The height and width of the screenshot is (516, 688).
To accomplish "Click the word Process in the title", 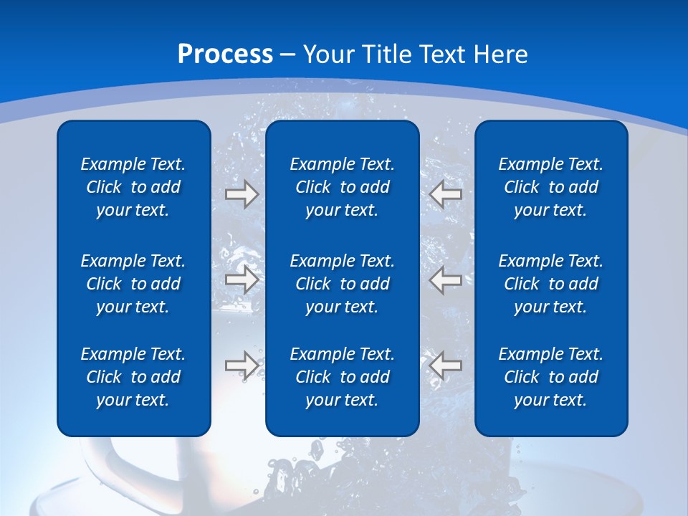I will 225,54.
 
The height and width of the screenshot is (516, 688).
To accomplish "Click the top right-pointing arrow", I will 242,194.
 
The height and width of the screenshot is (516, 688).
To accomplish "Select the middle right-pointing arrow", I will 242,279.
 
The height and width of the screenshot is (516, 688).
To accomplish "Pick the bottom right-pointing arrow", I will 242,365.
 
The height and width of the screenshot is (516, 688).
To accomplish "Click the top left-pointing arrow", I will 446,194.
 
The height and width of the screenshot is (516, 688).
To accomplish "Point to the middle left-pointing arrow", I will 446,279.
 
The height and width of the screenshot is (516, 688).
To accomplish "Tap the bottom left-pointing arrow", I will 446,365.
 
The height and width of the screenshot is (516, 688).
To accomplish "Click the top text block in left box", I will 133,187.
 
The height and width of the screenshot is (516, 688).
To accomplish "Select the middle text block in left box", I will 133,284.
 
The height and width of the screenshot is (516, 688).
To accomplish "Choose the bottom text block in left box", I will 133,377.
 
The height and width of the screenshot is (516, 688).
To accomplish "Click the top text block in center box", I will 342,187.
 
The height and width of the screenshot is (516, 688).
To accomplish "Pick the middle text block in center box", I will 342,284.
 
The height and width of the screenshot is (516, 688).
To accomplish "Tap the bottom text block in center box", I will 342,377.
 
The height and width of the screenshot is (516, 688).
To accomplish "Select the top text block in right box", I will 550,187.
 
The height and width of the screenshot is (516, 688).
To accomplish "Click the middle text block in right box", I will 550,284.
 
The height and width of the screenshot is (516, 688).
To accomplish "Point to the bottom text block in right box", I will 550,377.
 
